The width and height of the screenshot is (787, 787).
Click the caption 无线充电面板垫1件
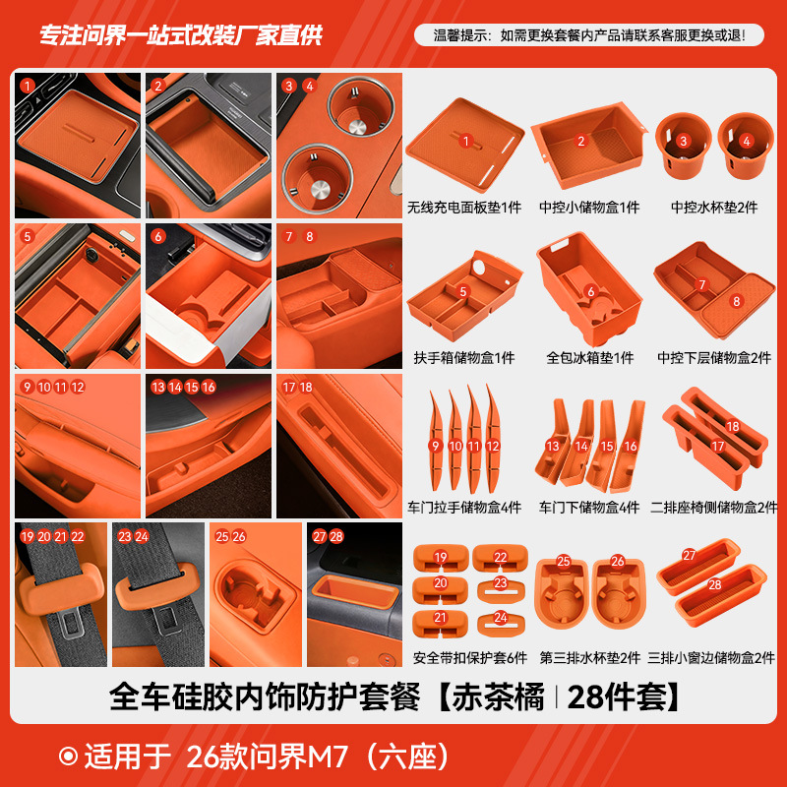coord(464,208)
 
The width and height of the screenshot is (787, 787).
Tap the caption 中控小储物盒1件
coord(588,208)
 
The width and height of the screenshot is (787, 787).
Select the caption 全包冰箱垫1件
coord(589,358)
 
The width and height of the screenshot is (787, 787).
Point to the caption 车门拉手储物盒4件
coord(464,508)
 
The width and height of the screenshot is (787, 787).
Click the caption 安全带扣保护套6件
coord(464,657)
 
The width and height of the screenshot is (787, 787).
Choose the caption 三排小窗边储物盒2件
coord(712,657)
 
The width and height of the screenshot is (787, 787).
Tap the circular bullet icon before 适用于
coord(69,757)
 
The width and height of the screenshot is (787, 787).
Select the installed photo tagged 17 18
coord(339,445)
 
